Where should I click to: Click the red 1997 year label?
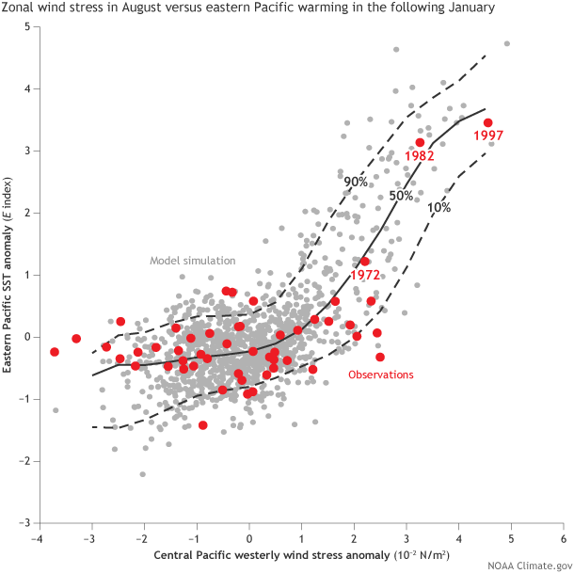488,136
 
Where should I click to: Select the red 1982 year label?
419,156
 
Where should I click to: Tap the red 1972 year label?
364,275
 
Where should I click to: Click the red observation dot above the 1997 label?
487,122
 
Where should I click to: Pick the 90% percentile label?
355,182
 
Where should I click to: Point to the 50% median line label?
402,195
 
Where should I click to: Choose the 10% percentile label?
438,207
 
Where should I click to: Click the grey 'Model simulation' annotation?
192,261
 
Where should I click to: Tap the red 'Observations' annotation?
381,375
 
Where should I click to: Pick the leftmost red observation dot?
55,352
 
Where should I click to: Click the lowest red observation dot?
202,425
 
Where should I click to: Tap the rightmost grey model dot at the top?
507,43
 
